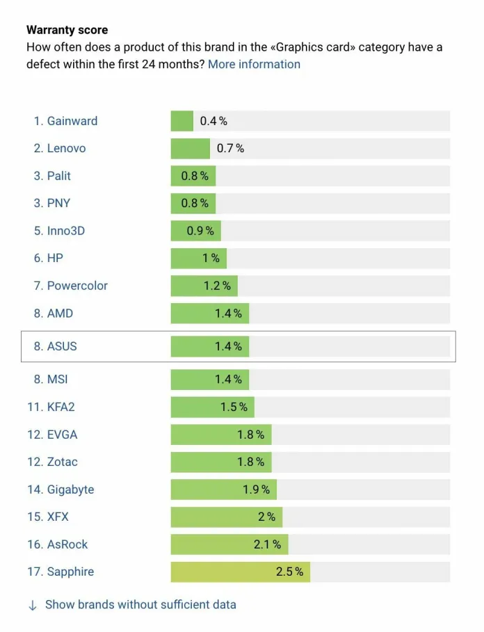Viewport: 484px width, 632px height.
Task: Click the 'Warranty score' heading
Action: click(x=67, y=31)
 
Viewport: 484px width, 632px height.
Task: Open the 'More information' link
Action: click(x=254, y=64)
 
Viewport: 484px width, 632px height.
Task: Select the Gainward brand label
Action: click(x=72, y=121)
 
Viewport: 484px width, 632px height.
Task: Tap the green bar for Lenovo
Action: click(x=190, y=148)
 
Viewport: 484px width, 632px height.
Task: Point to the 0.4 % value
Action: click(x=213, y=121)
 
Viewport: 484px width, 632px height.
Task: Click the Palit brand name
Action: click(x=58, y=176)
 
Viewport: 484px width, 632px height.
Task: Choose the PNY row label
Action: click(x=58, y=203)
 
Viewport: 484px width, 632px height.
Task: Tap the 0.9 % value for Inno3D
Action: click(x=200, y=231)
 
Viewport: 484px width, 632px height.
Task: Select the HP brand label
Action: click(x=55, y=258)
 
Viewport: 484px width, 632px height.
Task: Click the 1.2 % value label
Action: click(x=217, y=286)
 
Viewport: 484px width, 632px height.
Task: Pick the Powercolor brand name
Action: click(x=77, y=286)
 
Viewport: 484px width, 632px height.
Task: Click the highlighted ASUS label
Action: click(x=62, y=346)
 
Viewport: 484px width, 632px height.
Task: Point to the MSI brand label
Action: click(x=57, y=379)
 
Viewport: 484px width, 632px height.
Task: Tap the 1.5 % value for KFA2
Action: click(x=234, y=407)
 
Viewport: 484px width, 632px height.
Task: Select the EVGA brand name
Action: click(x=62, y=435)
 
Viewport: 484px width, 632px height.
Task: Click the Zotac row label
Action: click(x=62, y=462)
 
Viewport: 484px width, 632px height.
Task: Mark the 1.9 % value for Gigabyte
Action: click(x=256, y=489)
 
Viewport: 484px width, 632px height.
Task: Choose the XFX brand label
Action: click(x=58, y=517)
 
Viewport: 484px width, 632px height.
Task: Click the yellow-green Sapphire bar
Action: click(x=240, y=572)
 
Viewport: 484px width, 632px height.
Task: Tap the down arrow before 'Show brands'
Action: click(x=32, y=605)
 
